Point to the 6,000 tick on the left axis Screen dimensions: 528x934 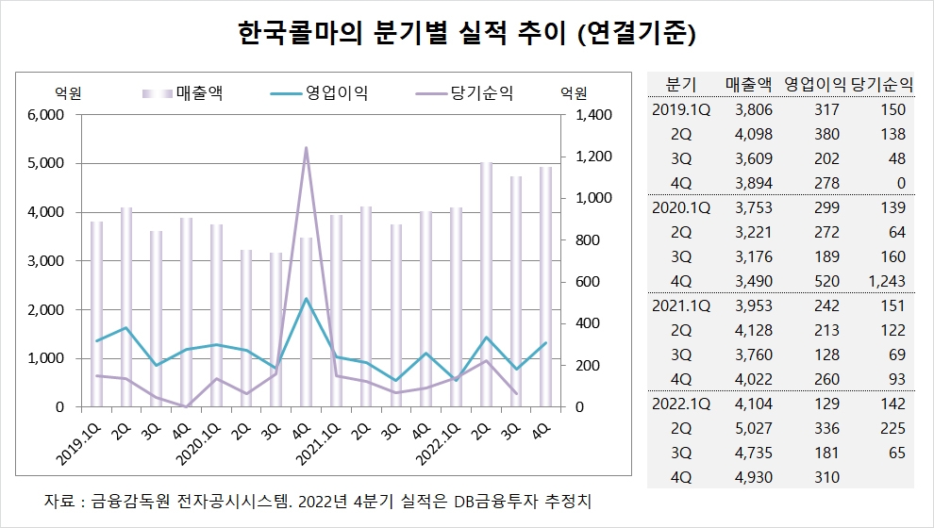44,115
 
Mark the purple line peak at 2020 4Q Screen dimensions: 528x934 306,147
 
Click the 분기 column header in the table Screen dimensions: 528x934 681,84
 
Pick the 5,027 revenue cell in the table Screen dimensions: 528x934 753,428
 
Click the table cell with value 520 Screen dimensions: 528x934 824,281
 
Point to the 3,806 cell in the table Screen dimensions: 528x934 753,109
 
